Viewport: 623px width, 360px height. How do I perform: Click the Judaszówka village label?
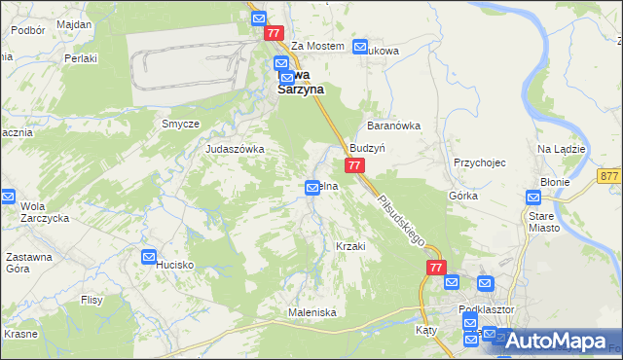235,149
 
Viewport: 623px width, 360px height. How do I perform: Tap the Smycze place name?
180,125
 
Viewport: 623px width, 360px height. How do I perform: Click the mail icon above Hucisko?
149,257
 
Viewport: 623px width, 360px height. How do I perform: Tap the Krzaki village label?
349,246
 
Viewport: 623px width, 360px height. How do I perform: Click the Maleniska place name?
311,312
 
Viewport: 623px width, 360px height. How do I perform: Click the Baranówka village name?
392,126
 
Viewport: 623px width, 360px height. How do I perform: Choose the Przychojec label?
480,162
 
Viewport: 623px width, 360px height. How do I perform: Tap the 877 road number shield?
610,175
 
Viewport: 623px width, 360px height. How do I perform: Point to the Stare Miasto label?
545,220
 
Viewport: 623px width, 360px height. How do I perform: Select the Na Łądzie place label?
561,149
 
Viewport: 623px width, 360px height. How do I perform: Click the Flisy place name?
92,300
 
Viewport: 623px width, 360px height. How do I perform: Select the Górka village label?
462,196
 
